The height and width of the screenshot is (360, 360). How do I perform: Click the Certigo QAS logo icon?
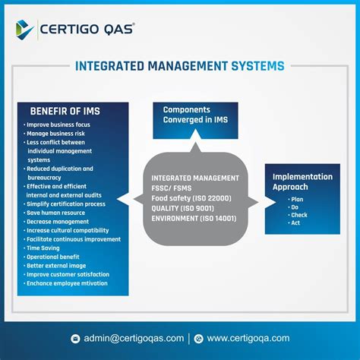[x=24, y=29]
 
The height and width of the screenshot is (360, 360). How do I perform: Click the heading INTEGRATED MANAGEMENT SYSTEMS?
[x=180, y=66]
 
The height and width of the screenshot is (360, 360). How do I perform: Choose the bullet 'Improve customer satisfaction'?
[x=68, y=274]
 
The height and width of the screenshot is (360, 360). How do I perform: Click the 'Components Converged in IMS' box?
[x=195, y=115]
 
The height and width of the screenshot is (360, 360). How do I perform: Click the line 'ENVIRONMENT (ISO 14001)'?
[x=194, y=219]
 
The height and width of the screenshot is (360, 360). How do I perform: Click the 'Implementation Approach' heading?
[x=302, y=182]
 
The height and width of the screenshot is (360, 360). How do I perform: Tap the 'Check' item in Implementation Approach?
[x=298, y=215]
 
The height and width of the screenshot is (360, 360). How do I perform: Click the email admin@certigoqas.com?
[x=134, y=338]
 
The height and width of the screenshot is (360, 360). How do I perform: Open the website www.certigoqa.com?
[x=248, y=338]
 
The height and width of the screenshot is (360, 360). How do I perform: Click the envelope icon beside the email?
[x=75, y=339]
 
